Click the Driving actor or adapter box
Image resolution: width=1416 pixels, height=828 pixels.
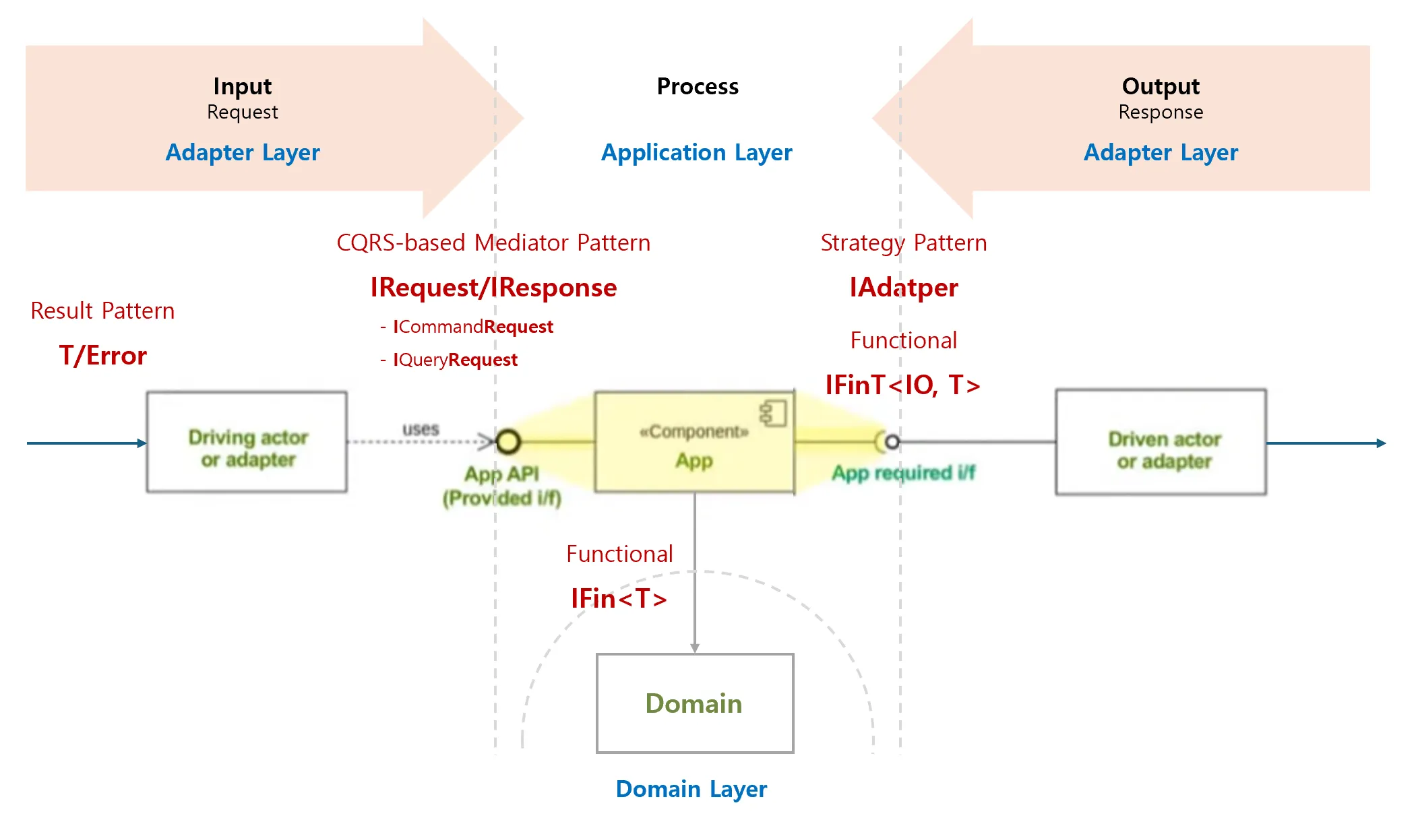tap(247, 443)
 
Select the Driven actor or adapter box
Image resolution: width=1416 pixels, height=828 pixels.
tap(1161, 443)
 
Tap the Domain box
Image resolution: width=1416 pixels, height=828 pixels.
tap(695, 703)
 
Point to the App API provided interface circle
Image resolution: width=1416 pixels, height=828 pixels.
tap(508, 442)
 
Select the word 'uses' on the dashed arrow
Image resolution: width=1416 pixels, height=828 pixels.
tap(421, 429)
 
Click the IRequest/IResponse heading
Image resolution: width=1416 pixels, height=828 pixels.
tap(493, 288)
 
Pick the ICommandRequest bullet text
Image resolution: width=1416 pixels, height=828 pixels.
tap(472, 327)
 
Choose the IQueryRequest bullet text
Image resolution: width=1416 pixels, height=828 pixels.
tap(455, 360)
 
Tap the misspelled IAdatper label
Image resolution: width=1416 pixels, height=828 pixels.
tap(903, 288)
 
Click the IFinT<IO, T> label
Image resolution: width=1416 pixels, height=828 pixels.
tap(902, 385)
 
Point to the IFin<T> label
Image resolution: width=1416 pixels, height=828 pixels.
tap(619, 598)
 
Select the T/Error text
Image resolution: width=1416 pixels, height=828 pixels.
tap(103, 356)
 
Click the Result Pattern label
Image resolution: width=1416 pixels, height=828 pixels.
tap(102, 311)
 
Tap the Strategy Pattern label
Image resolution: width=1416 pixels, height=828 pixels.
tap(903, 243)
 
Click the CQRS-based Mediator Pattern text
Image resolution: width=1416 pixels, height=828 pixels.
tap(493, 243)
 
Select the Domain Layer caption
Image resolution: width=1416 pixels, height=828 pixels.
tap(691, 789)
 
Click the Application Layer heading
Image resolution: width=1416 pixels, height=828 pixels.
tap(696, 153)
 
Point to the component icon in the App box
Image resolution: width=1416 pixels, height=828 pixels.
tap(774, 414)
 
